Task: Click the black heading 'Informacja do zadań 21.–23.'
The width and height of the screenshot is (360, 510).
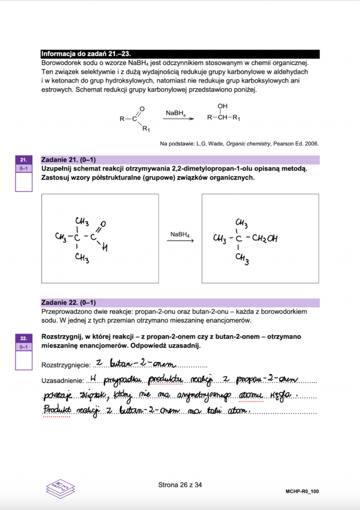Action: click(88, 54)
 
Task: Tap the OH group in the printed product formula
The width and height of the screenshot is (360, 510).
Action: click(222, 107)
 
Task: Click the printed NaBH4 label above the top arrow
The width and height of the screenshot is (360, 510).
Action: click(176, 114)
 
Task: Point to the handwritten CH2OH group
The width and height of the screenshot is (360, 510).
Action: click(264, 239)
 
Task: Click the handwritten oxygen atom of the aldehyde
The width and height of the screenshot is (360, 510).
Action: click(103, 224)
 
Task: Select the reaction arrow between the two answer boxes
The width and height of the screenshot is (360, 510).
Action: click(180, 242)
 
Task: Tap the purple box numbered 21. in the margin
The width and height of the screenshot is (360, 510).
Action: click(24, 160)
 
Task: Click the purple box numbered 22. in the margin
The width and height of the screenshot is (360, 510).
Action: click(24, 337)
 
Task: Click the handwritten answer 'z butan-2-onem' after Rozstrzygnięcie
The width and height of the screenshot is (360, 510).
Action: click(122, 363)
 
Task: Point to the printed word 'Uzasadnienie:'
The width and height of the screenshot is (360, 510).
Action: click(61, 381)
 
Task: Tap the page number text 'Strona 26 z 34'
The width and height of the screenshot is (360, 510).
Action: click(180, 484)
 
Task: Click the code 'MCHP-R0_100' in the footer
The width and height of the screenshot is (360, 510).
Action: click(302, 492)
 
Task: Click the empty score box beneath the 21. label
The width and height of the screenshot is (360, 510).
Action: click(24, 182)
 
